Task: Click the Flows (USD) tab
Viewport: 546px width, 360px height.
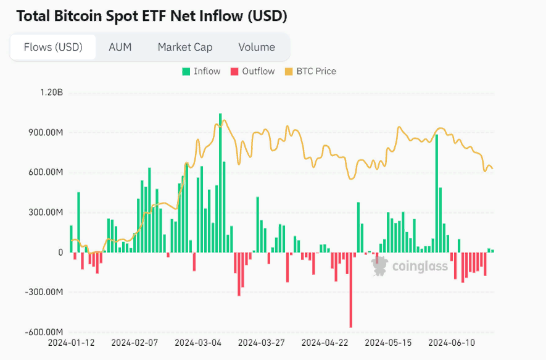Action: (53, 47)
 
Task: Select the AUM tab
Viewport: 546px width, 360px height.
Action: (120, 47)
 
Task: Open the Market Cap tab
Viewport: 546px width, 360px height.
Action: (185, 47)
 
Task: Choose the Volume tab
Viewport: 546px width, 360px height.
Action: (257, 47)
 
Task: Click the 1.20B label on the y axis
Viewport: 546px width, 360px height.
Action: (51, 93)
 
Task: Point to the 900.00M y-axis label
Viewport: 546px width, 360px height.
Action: (43, 132)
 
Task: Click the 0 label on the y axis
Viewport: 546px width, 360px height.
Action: (60, 252)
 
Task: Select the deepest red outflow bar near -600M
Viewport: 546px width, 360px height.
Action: (350, 290)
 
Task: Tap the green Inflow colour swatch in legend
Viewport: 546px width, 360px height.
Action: (186, 72)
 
